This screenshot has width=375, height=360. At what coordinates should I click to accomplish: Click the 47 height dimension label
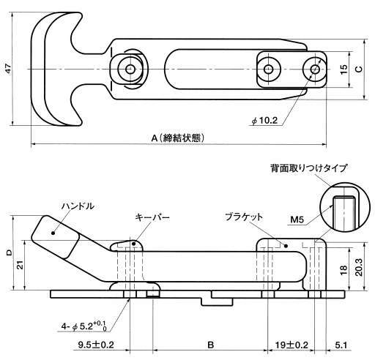click(9, 69)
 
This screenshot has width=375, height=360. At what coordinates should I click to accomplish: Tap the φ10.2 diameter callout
click(264, 121)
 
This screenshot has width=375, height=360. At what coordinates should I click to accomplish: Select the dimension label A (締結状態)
click(178, 138)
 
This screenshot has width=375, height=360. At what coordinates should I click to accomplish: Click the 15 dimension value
click(344, 70)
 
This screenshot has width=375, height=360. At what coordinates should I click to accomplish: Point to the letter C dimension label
click(358, 70)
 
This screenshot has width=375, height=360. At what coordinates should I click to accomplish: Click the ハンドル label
click(78, 206)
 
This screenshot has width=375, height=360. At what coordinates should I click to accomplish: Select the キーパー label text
click(152, 217)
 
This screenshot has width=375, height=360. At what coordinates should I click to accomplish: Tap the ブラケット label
click(244, 217)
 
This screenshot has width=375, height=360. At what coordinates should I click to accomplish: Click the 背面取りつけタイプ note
click(308, 168)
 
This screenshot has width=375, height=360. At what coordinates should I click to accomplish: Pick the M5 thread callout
click(297, 220)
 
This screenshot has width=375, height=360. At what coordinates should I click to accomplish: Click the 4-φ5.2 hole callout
click(84, 326)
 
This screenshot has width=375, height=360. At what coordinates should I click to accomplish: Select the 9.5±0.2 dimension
click(96, 345)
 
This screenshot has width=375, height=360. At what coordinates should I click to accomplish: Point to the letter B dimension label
click(210, 345)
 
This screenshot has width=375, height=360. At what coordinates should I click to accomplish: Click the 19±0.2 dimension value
click(292, 345)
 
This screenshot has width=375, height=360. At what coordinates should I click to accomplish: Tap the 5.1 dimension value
click(341, 345)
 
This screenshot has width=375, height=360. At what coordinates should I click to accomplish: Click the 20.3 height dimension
click(358, 267)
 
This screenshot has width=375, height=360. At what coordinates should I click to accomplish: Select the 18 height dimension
click(344, 270)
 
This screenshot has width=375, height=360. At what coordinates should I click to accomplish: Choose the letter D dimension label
click(9, 252)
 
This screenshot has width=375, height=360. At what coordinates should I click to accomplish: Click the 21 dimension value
click(21, 265)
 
